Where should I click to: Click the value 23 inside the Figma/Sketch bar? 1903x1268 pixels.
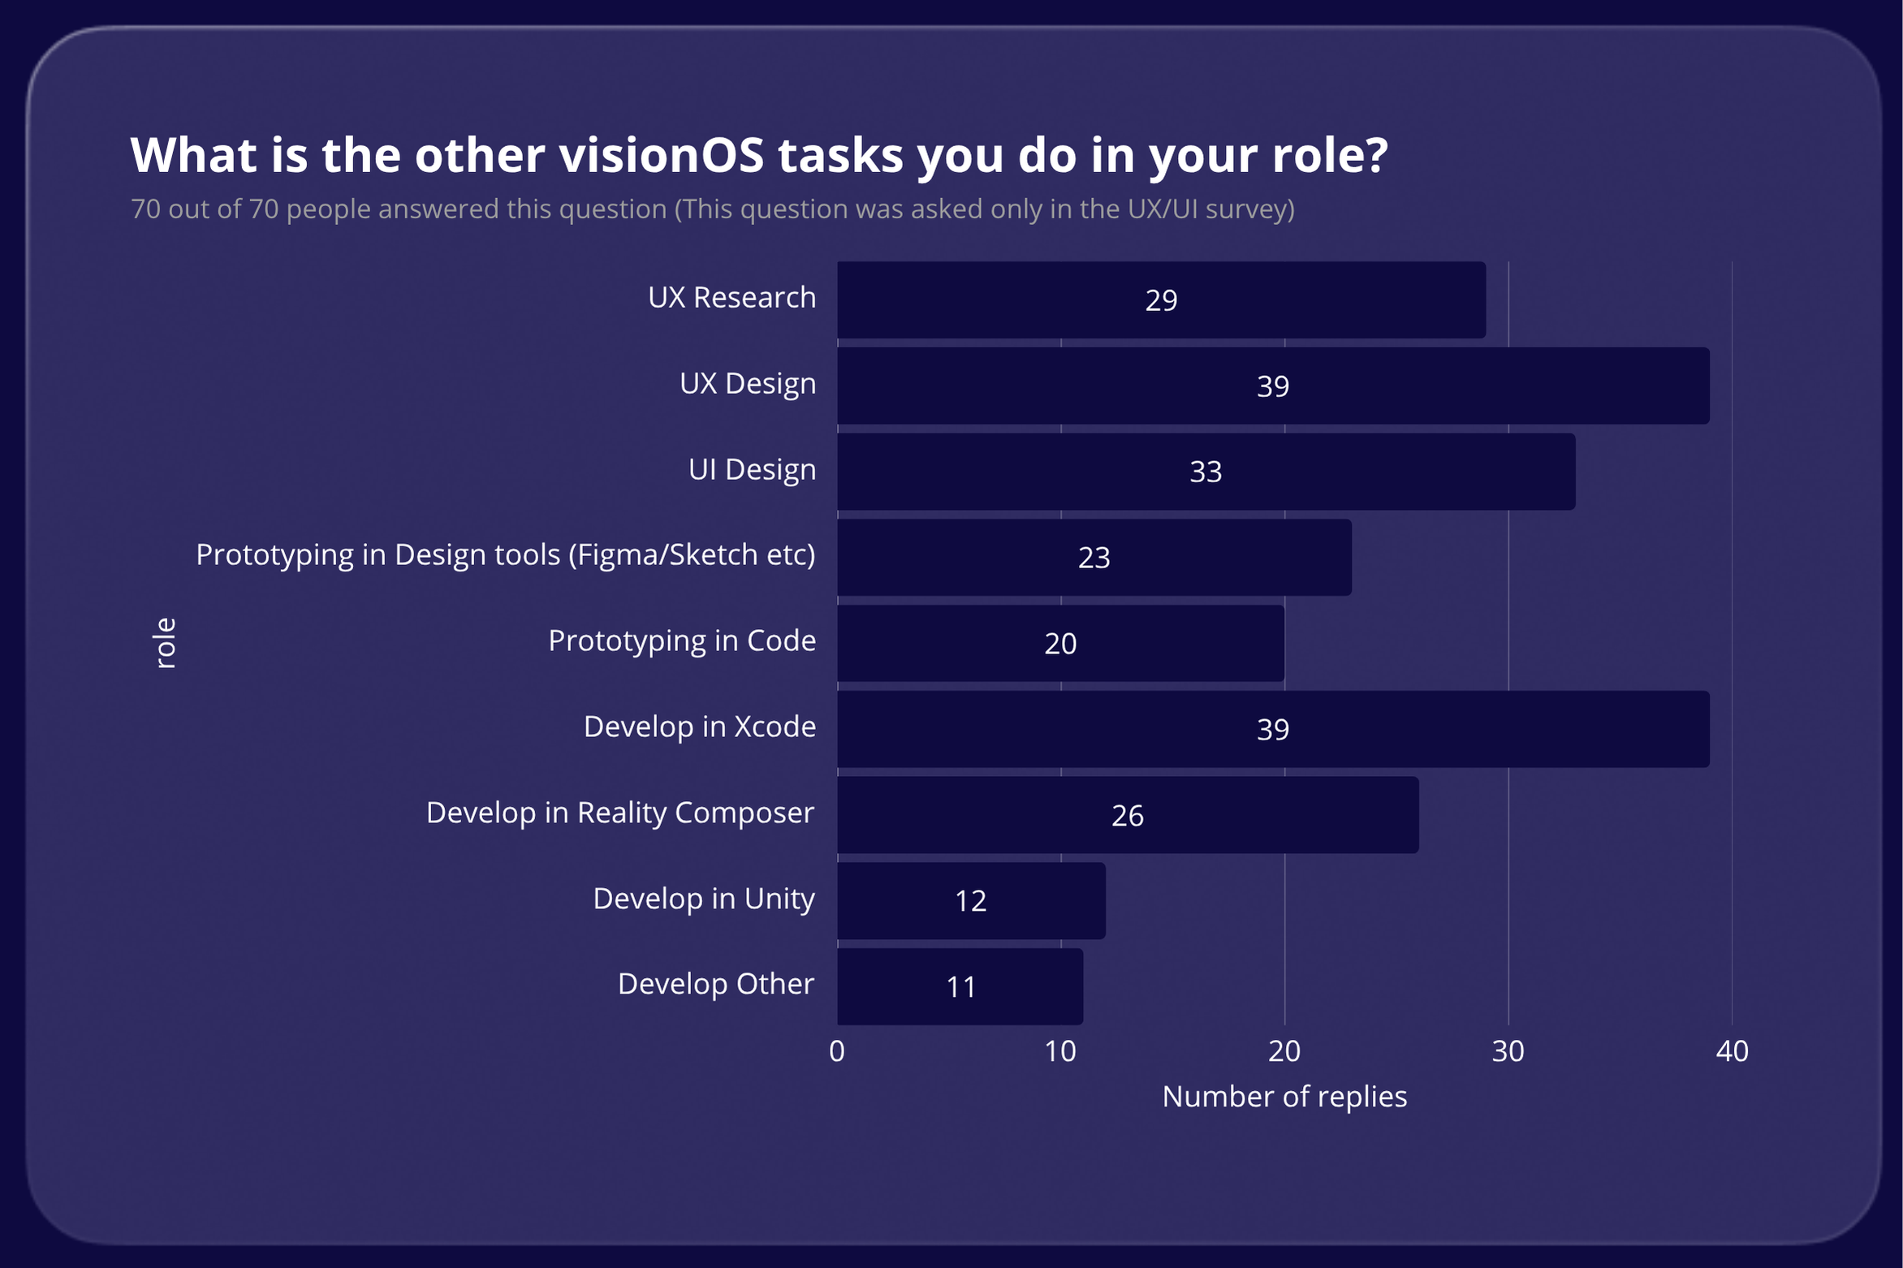tap(1094, 558)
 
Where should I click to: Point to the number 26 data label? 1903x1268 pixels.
tap(1127, 815)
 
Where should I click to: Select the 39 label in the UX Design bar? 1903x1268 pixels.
tap(1272, 386)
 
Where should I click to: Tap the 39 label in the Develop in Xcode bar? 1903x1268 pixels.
tap(1272, 729)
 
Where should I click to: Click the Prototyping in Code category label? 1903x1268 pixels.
tap(681, 640)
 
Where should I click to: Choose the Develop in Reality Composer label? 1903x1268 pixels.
tap(619, 813)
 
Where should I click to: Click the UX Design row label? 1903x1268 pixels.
tap(747, 383)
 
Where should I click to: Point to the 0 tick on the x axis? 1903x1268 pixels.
tap(837, 1051)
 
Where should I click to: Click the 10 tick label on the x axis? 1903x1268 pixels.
tap(1059, 1051)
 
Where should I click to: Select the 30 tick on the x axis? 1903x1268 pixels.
tap(1508, 1051)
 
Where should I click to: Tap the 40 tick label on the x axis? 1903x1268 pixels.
tap(1732, 1051)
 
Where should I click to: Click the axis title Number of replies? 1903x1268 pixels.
tap(1284, 1097)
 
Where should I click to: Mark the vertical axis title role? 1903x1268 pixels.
tap(165, 643)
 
